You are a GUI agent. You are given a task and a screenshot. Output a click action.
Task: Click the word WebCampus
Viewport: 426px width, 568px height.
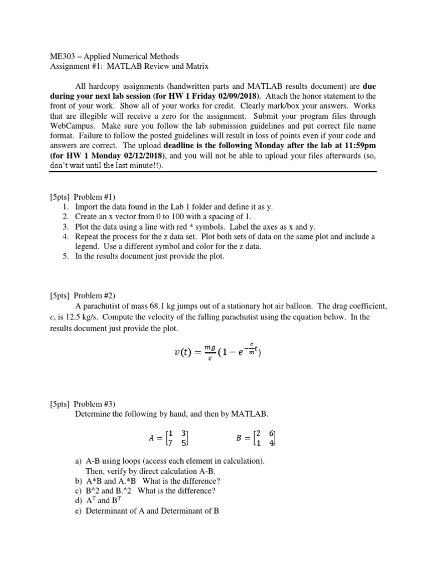pos(68,126)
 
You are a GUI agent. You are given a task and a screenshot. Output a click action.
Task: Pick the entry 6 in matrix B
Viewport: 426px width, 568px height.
pos(272,433)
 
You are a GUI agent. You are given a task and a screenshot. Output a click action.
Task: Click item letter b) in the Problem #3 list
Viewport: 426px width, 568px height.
pos(78,481)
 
